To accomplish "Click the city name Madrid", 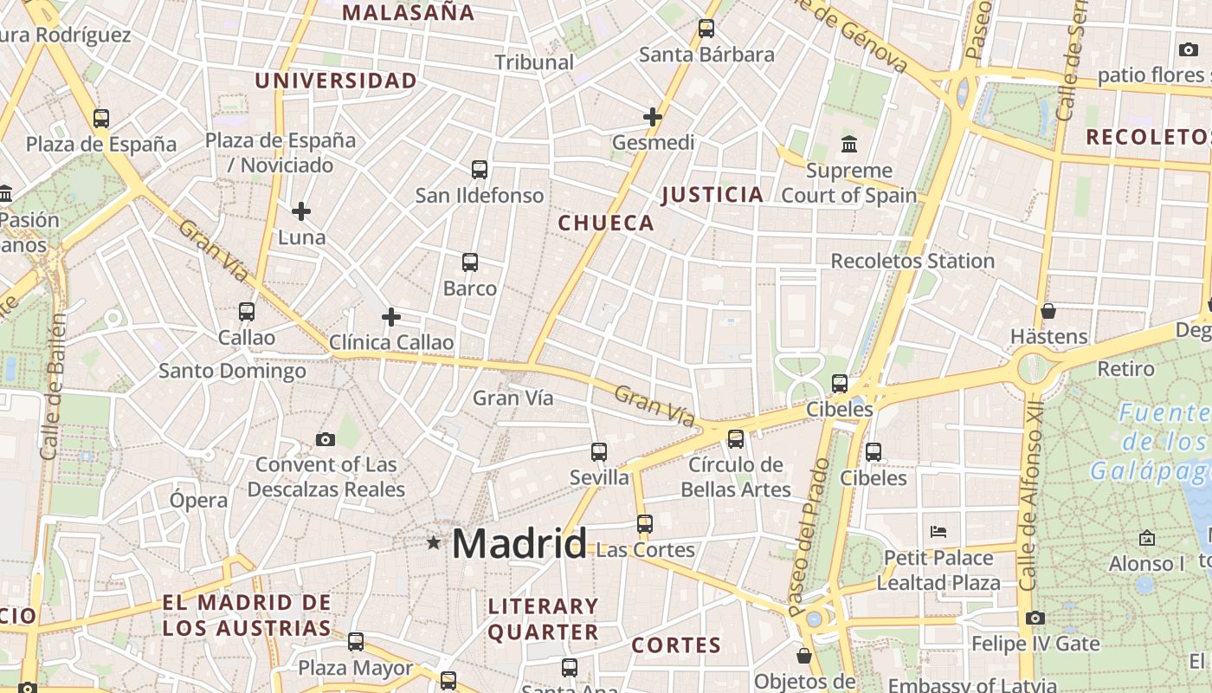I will click(519, 544).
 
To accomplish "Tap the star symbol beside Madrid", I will click(433, 543).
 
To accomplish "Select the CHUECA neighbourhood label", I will click(606, 223).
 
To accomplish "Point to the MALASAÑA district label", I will click(409, 13).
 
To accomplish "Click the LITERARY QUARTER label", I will click(543, 619).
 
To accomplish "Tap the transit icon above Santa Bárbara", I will click(706, 29).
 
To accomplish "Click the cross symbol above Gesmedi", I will click(653, 117).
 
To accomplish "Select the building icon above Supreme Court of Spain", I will click(848, 144).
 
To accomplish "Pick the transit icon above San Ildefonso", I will click(480, 170).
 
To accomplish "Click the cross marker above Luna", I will click(301, 211).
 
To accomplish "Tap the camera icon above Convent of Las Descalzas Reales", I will click(326, 439).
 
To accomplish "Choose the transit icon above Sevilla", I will click(599, 451).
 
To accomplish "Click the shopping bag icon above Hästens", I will click(1048, 310).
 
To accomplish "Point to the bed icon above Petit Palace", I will click(938, 531).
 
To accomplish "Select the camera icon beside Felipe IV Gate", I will click(1035, 618).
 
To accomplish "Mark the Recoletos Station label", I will click(912, 261).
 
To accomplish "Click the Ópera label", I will click(199, 500).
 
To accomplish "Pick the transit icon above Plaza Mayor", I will click(356, 642).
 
